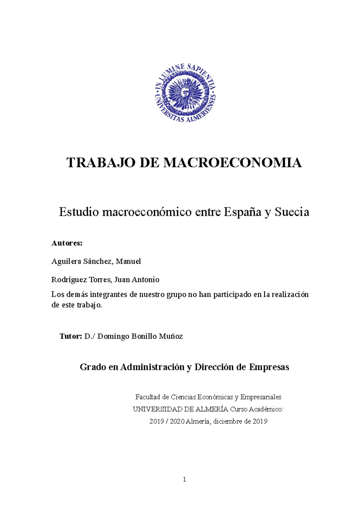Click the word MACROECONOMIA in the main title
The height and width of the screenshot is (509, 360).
click(x=232, y=163)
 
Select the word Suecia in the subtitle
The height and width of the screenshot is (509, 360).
click(x=292, y=212)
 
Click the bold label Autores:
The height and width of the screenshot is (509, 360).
click(x=67, y=243)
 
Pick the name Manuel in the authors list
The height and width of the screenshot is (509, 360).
click(x=128, y=261)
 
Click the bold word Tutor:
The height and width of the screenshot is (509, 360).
click(x=71, y=336)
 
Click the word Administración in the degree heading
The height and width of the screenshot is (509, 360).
click(x=152, y=367)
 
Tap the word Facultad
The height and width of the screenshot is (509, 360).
click(x=148, y=397)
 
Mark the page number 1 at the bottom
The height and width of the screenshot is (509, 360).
click(x=184, y=480)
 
